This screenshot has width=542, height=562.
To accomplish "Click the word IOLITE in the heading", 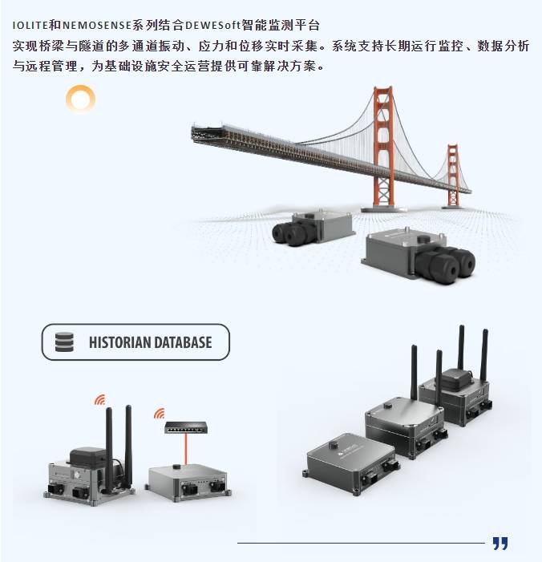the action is pyautogui.click(x=30, y=26).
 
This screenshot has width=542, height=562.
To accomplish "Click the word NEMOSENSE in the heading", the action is pyautogui.click(x=97, y=26).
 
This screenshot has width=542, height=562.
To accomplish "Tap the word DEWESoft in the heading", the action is pyautogui.click(x=212, y=26).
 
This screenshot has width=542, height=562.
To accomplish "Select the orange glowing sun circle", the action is pyautogui.click(x=81, y=99).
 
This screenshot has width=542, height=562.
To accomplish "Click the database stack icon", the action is pyautogui.click(x=64, y=342).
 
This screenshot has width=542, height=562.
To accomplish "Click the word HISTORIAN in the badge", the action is pyautogui.click(x=119, y=342).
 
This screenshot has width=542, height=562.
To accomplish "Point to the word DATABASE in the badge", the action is pyautogui.click(x=183, y=342).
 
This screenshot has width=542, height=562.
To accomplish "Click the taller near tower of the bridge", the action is pyautogui.click(x=383, y=147).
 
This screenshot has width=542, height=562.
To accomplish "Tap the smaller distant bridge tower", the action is pyautogui.click(x=453, y=176).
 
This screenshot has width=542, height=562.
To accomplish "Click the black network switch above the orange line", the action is pyautogui.click(x=186, y=427).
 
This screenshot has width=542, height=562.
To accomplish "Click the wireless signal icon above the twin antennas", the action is pyautogui.click(x=100, y=399).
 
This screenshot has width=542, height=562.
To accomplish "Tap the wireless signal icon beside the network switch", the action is pyautogui.click(x=160, y=413).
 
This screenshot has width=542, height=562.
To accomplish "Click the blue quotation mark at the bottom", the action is pyautogui.click(x=500, y=543).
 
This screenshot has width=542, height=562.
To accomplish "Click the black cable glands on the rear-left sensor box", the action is pyautogui.click(x=290, y=233).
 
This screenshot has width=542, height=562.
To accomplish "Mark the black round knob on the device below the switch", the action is pyautogui.click(x=176, y=467).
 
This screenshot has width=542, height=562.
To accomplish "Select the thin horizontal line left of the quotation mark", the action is pyautogui.click(x=361, y=543).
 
